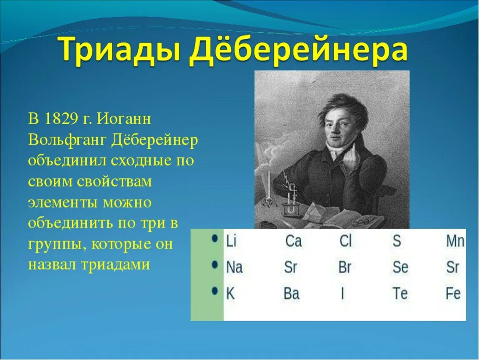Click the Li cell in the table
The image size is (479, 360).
231,241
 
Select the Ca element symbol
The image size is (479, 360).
293,241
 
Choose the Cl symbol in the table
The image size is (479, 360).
345,241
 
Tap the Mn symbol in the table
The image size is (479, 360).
455,241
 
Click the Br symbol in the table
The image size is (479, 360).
345,267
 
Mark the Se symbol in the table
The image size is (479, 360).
400,267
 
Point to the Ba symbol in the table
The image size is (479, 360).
291,293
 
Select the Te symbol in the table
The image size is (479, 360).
400,293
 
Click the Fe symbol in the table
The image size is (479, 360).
453,293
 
